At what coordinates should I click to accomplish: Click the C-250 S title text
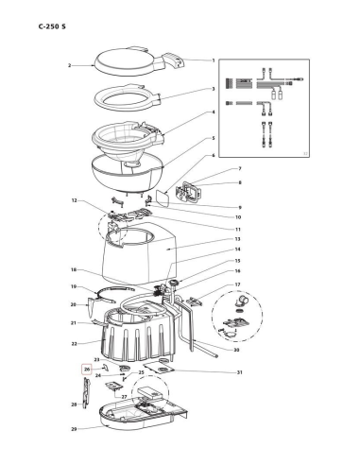tap(52, 26)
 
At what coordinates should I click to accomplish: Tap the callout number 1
tap(214, 60)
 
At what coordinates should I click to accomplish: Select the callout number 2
tap(69, 65)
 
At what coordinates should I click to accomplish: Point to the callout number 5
tap(214, 138)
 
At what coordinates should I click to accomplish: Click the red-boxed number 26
tap(87, 369)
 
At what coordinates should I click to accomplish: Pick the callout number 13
tap(237, 239)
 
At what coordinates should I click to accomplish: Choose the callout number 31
tap(240, 372)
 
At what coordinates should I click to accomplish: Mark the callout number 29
tap(74, 429)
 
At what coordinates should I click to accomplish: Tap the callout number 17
tap(237, 284)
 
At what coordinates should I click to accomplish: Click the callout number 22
tap(74, 344)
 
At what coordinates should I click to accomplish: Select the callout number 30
tap(236, 350)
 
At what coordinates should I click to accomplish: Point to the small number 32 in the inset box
tap(305, 153)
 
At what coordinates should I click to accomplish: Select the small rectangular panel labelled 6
tap(163, 198)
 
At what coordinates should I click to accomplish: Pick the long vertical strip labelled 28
tap(86, 392)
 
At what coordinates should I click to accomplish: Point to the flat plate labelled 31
tap(159, 368)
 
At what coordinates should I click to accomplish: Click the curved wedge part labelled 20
tap(91, 307)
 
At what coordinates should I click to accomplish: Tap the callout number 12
tap(75, 200)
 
